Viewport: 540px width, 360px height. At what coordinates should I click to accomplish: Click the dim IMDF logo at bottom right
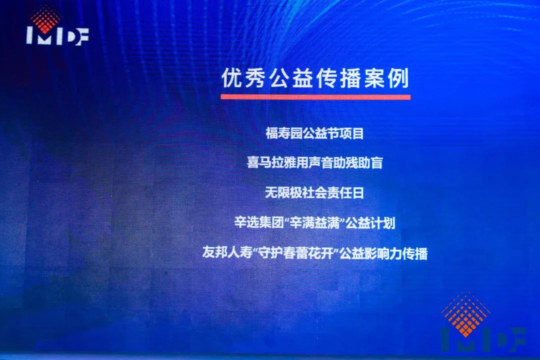click(483, 322)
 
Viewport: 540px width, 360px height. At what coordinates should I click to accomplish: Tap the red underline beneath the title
click(315, 97)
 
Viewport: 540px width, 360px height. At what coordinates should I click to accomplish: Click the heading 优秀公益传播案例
click(315, 78)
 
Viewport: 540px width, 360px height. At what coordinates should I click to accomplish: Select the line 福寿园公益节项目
click(315, 133)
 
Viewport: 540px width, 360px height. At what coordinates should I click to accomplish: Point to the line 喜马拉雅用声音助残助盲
click(315, 162)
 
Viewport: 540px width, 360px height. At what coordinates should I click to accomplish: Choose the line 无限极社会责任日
click(314, 192)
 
